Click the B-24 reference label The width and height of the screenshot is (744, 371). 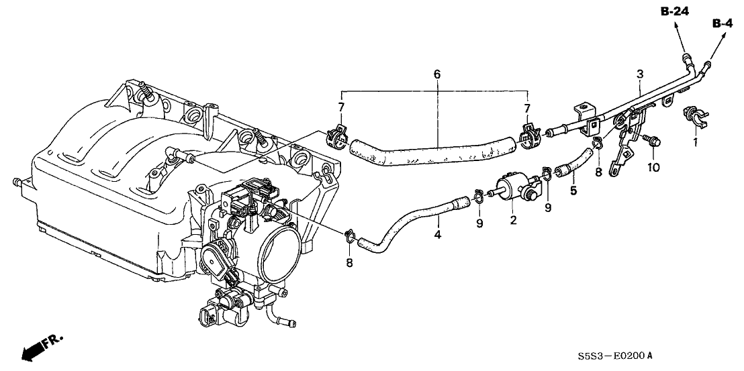tap(675, 11)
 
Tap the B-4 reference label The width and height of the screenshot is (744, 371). tap(723, 23)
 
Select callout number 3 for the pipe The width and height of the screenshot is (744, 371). tap(640, 73)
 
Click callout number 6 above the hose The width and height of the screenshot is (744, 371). tap(436, 74)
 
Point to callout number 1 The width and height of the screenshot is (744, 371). tap(696, 143)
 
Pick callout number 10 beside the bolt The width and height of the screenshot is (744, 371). tap(654, 166)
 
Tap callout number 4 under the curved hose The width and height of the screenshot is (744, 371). tap(437, 236)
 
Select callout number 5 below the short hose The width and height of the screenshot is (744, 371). tap(573, 191)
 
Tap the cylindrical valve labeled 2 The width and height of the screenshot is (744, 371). tap(515, 187)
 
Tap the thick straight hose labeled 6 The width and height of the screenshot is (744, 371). tap(433, 151)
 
